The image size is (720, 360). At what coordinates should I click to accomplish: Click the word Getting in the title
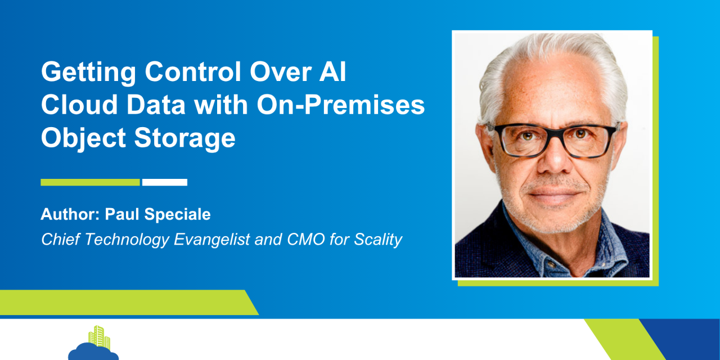pyautogui.click(x=88, y=73)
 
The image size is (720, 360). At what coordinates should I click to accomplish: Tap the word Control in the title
pyautogui.click(x=193, y=71)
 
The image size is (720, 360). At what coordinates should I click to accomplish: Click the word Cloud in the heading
pyautogui.click(x=79, y=105)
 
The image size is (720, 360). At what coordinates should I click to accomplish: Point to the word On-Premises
pyautogui.click(x=341, y=105)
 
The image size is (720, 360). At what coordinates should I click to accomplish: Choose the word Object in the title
pyautogui.click(x=83, y=139)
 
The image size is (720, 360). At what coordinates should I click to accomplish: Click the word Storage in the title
pyautogui.click(x=184, y=139)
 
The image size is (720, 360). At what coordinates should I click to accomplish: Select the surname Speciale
pyautogui.click(x=177, y=214)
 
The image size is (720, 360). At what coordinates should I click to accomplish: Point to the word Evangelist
pyautogui.click(x=212, y=240)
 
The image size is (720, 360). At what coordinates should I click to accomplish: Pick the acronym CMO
pyautogui.click(x=305, y=240)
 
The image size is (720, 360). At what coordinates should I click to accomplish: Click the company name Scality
pyautogui.click(x=377, y=240)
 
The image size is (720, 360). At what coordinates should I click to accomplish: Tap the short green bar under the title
pyautogui.click(x=91, y=182)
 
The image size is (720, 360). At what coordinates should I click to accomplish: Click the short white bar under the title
pyautogui.click(x=165, y=182)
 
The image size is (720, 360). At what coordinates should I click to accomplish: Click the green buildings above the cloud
pyautogui.click(x=100, y=337)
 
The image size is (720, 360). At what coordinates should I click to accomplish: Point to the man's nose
pyautogui.click(x=555, y=157)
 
